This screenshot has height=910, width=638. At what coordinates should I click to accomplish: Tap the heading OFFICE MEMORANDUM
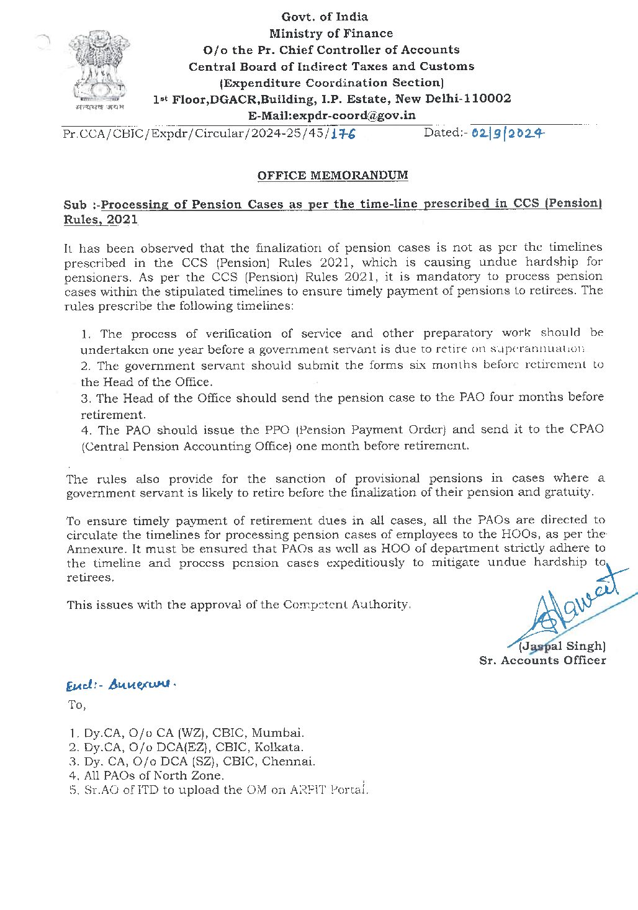pos(333,175)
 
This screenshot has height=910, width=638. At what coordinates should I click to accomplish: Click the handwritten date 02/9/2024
pos(508,132)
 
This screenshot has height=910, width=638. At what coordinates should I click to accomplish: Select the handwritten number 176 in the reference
pos(343,133)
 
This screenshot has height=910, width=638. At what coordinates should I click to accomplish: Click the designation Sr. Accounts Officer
pos(542,660)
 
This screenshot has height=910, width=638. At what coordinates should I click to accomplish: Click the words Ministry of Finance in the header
pos(331,34)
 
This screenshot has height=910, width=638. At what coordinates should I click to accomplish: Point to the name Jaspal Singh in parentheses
pos(562,646)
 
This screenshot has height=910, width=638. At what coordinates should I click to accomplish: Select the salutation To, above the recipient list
pos(77,705)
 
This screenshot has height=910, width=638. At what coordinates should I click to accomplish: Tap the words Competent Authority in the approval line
pos(347,604)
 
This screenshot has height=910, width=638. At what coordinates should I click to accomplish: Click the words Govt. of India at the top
pos(325,17)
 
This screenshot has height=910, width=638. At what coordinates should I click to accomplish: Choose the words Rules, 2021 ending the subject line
pos(101,220)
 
